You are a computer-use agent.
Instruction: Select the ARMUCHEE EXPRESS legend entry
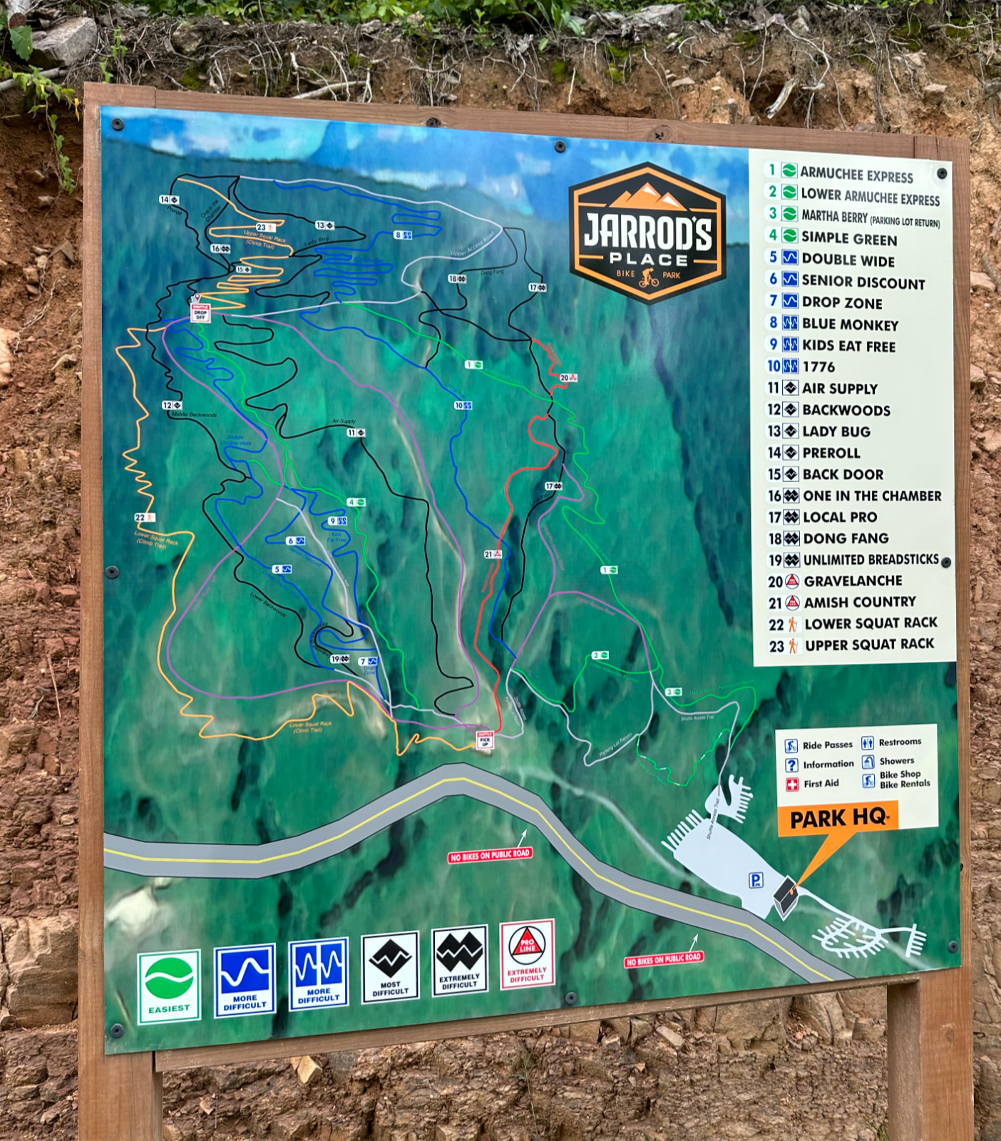[x=856, y=174]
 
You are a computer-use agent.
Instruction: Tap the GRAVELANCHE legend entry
[x=852, y=581]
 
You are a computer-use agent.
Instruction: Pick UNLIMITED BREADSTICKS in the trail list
[x=870, y=560]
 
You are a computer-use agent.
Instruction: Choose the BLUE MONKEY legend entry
[x=849, y=324]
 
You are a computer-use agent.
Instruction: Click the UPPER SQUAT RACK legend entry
[x=868, y=645]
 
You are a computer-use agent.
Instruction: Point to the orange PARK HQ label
[x=838, y=818]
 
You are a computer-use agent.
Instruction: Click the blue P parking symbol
[x=756, y=881]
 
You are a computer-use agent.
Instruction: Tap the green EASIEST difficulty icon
[x=169, y=986]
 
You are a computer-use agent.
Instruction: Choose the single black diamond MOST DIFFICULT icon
[x=390, y=966]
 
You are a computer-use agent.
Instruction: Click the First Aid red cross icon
[x=791, y=784]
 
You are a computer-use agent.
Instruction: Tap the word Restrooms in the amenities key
[x=900, y=742]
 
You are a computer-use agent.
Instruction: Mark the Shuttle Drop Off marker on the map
[x=200, y=312]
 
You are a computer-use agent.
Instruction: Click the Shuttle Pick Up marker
[x=485, y=739]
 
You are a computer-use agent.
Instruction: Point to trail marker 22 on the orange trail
[x=144, y=518]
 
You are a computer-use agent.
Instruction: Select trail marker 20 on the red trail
[x=568, y=378]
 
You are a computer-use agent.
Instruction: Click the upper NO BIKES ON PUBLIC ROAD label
[x=490, y=855]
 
